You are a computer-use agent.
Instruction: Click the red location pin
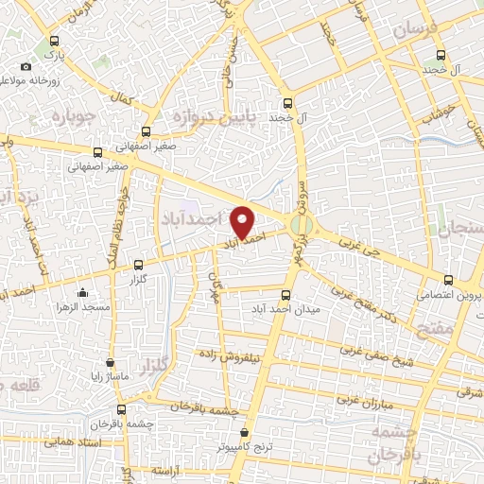point(244,220)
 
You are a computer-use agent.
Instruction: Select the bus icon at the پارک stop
point(54,42)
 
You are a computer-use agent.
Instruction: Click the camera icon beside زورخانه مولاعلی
point(26,67)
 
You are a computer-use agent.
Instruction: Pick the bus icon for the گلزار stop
point(139,266)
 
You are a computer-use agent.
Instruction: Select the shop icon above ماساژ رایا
point(111,362)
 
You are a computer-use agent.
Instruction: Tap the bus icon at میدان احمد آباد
point(287,292)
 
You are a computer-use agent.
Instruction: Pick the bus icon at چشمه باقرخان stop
point(120,409)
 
